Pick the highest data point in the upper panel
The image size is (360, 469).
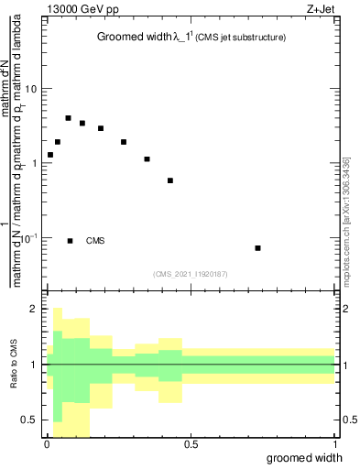coord(68,118)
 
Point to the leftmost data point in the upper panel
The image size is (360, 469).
coord(50,155)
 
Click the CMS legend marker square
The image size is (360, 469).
coord(71,241)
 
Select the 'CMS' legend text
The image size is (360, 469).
coord(95,241)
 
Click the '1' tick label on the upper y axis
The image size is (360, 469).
coord(35,163)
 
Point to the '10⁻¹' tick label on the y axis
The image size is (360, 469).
coord(30,237)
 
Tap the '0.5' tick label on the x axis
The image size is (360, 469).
coord(191,444)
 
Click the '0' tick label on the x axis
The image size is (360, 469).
coord(47,444)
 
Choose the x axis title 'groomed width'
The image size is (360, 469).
coord(305,457)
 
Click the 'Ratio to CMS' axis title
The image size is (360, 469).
coord(12,365)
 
